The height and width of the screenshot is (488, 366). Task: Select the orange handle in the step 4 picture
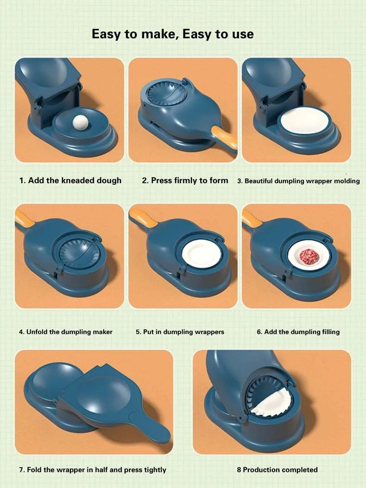(23, 218)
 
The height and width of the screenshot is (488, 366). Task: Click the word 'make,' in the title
(152, 34)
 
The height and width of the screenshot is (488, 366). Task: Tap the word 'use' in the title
(241, 34)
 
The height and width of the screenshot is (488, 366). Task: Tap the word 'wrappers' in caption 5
(209, 332)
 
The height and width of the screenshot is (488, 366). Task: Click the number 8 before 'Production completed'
(239, 470)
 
